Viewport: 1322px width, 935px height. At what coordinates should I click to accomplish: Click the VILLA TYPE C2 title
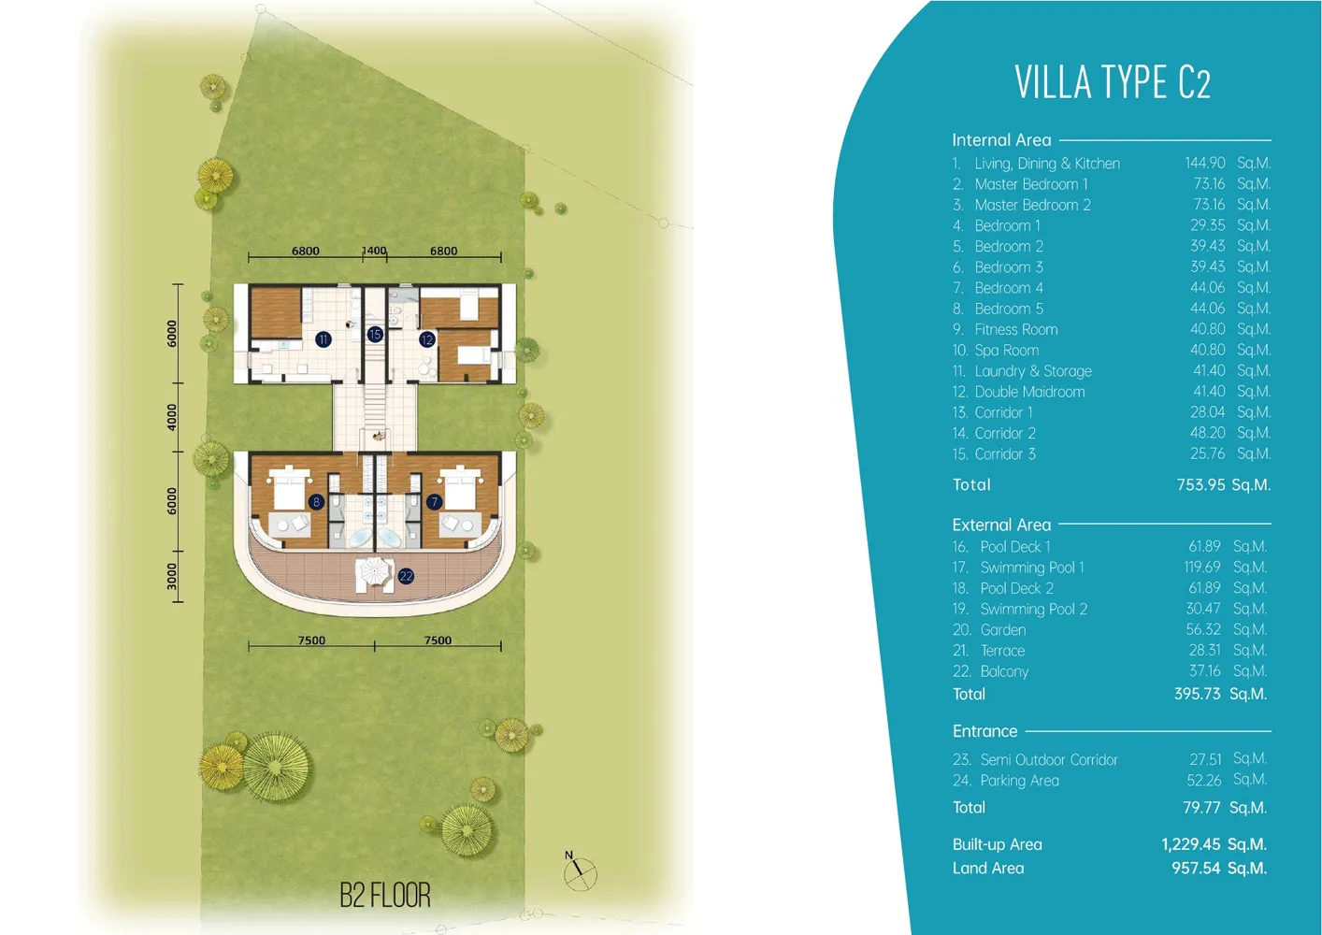coord(1112,82)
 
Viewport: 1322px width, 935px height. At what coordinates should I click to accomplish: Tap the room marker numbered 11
coord(323,339)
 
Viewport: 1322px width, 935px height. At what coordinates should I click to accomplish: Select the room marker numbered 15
coord(375,334)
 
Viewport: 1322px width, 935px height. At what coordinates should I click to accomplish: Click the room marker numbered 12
coord(427,339)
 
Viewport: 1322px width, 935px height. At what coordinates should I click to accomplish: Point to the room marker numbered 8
coord(316,502)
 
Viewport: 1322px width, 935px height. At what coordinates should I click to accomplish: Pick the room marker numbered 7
coord(434,502)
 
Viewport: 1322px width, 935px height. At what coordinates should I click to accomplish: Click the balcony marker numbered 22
coord(406,576)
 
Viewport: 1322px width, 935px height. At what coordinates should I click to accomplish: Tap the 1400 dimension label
coord(374,251)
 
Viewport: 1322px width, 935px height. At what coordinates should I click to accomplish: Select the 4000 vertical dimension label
coord(172,416)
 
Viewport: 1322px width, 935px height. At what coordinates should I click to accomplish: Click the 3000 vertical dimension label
coord(172,576)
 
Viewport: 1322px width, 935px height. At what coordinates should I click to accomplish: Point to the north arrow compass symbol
coord(579,871)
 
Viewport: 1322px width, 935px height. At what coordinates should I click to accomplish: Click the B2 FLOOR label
coord(384,895)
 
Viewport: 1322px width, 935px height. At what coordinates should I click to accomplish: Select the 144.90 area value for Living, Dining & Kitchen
coord(1204,163)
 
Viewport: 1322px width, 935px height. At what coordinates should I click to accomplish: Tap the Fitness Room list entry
coord(1015,329)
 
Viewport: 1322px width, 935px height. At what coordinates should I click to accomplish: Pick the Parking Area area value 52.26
coord(1204,780)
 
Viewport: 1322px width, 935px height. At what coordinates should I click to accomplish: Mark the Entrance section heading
coord(984,731)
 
